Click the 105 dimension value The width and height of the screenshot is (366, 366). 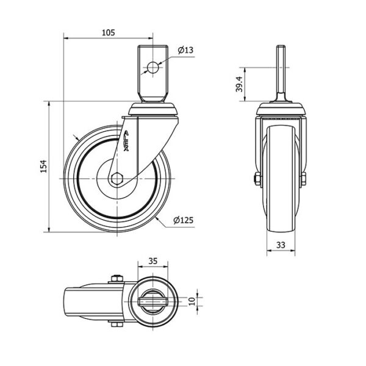pos(109,32)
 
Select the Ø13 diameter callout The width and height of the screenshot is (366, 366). pos(185,50)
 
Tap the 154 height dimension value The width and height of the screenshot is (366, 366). pos(44,166)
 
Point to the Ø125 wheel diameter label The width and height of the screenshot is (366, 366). pos(184,220)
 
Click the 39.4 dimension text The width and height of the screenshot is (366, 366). pos(240,84)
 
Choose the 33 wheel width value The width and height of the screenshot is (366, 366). pos(281,245)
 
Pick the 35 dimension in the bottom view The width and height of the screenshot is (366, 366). pos(153,261)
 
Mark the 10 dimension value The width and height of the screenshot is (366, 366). pos(192,301)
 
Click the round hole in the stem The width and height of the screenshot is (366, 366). pos(152,68)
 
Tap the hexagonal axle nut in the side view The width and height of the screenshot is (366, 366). pos(117,179)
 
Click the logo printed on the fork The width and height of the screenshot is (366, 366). pos(126,142)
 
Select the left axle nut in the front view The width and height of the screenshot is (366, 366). pos(257,179)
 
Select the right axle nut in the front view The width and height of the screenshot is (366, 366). pos(303,179)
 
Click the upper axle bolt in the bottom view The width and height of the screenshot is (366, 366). pos(117,279)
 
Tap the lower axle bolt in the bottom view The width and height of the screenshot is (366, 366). pos(117,324)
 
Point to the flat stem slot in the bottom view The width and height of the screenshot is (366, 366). pos(153,301)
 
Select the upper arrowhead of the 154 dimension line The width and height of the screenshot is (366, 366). pos(49,104)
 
